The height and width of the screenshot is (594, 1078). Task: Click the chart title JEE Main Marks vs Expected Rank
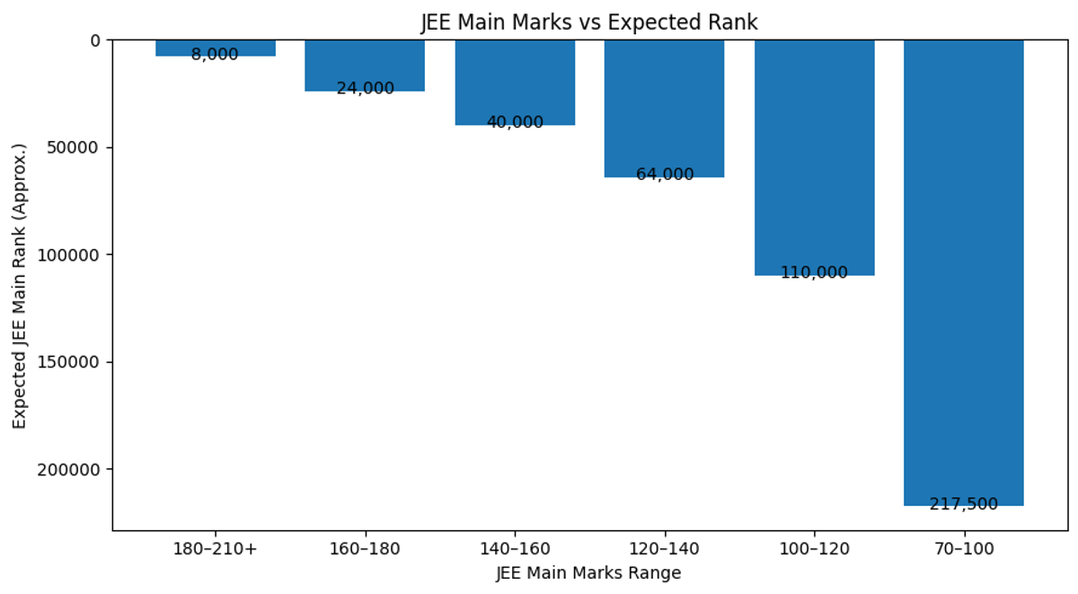[x=589, y=22]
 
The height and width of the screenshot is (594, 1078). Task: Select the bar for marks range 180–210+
[x=216, y=47]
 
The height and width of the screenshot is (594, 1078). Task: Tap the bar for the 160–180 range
[x=365, y=65]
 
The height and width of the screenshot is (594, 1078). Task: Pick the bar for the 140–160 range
[x=515, y=82]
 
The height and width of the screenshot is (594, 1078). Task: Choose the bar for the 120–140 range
[x=664, y=108]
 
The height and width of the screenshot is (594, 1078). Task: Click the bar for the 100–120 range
[x=814, y=157]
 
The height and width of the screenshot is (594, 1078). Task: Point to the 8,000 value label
[x=215, y=55]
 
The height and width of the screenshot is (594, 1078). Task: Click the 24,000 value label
[x=365, y=89]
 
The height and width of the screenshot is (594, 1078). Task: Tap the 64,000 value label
[x=665, y=175]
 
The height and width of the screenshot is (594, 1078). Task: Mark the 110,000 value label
[x=814, y=273]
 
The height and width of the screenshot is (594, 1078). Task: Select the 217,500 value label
[x=963, y=505]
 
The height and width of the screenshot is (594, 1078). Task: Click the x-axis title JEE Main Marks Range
[x=588, y=573]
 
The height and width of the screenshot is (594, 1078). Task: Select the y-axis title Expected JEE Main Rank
[x=20, y=285]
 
